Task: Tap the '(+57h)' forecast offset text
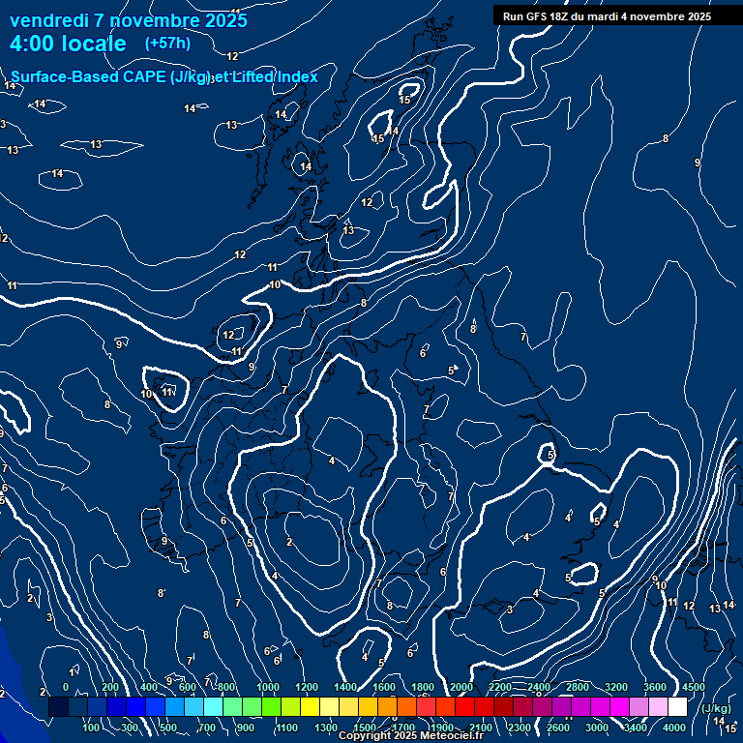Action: (167, 44)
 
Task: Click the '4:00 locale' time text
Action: (68, 44)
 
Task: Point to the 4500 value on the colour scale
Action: (693, 686)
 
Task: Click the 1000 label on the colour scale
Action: (268, 686)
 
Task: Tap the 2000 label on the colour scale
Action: (461, 686)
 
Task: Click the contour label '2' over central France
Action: (289, 542)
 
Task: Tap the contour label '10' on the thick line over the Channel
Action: (275, 284)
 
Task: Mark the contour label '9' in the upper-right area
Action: (698, 163)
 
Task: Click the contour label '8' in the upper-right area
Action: (665, 138)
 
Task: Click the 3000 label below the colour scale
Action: (597, 727)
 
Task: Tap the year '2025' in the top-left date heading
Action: (223, 20)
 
